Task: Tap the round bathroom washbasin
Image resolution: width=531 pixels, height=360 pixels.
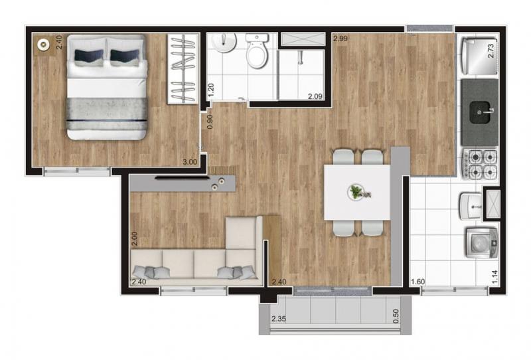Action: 224,43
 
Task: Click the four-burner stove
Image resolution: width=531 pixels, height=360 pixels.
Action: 480,164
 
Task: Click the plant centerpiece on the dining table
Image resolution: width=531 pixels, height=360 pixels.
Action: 356,192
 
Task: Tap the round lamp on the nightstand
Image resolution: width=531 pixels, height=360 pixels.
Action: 43,44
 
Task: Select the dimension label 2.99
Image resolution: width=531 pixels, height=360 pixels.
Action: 340,39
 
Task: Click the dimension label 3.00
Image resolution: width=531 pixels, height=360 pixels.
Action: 190,162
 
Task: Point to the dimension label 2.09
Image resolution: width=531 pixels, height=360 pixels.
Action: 315,96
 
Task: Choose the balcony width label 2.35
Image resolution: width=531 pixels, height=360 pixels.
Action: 279,319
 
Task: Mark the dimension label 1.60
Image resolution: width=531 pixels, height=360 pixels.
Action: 418,282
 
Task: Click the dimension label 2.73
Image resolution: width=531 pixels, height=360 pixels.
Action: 491,50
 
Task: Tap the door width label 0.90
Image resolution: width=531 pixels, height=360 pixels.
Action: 210,122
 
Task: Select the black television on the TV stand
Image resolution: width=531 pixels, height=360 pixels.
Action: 181,178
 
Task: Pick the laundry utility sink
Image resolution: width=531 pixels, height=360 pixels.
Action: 471,206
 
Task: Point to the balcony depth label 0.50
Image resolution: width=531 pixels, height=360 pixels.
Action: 396,316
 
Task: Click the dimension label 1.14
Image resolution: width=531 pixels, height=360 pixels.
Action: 494,276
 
